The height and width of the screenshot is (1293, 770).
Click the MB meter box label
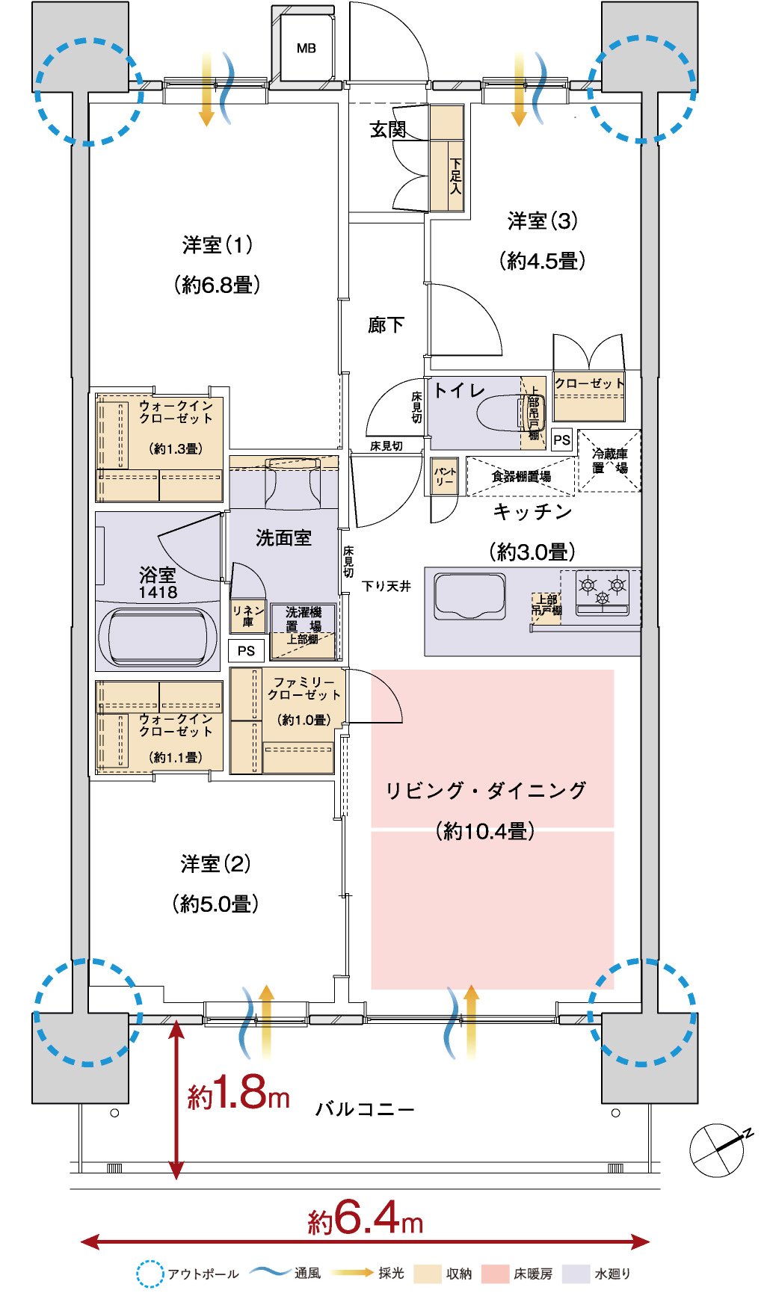tap(307, 49)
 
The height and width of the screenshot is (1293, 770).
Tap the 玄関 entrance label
tap(388, 129)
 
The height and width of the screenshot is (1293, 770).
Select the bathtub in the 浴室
tap(157, 638)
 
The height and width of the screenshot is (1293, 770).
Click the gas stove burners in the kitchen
tap(603, 590)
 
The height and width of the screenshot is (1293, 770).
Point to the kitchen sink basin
tap(469, 596)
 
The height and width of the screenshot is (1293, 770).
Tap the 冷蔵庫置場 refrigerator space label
tap(610, 460)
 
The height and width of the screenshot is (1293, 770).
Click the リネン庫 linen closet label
tap(248, 616)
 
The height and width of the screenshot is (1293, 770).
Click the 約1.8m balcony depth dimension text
tap(238, 1093)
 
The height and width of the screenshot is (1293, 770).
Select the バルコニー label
tap(365, 1109)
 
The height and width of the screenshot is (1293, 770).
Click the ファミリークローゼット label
tap(305, 688)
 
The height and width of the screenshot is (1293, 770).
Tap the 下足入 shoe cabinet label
tap(455, 176)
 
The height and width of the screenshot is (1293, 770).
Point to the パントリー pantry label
tap(445, 477)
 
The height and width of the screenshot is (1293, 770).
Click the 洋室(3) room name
tap(543, 220)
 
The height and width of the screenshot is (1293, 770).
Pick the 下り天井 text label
tap(386, 586)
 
